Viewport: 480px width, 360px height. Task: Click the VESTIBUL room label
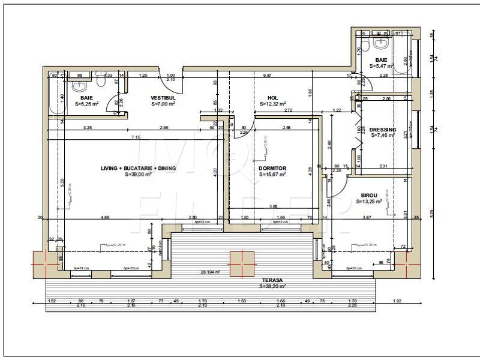[163, 97]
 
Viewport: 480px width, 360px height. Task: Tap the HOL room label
[272, 97]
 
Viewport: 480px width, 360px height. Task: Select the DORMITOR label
[272, 168]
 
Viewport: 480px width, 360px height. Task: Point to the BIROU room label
[369, 196]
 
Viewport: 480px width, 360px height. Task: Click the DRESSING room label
[382, 130]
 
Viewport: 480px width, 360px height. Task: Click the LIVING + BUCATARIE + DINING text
[138, 169]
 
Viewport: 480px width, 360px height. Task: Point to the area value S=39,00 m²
[138, 175]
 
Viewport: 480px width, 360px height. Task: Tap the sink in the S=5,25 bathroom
[79, 85]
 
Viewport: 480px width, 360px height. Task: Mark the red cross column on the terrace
[242, 262]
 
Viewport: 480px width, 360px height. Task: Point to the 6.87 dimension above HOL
[268, 76]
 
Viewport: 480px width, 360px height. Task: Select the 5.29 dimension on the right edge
[432, 213]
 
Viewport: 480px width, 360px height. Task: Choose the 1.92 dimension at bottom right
[397, 301]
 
